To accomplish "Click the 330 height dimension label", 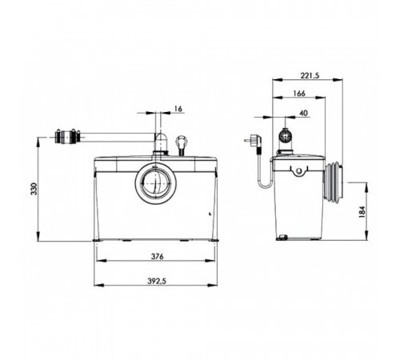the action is (x=34, y=189).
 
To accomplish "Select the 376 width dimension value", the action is (x=157, y=257).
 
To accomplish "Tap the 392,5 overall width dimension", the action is (x=157, y=281).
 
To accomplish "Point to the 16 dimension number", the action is (x=178, y=109).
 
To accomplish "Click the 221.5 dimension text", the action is (x=310, y=76).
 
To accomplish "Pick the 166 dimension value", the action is (x=299, y=94).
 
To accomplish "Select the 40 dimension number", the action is (x=303, y=114).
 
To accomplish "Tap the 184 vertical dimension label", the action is (x=362, y=212).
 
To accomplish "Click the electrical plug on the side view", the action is (x=253, y=142).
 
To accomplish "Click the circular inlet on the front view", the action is (x=155, y=183).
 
